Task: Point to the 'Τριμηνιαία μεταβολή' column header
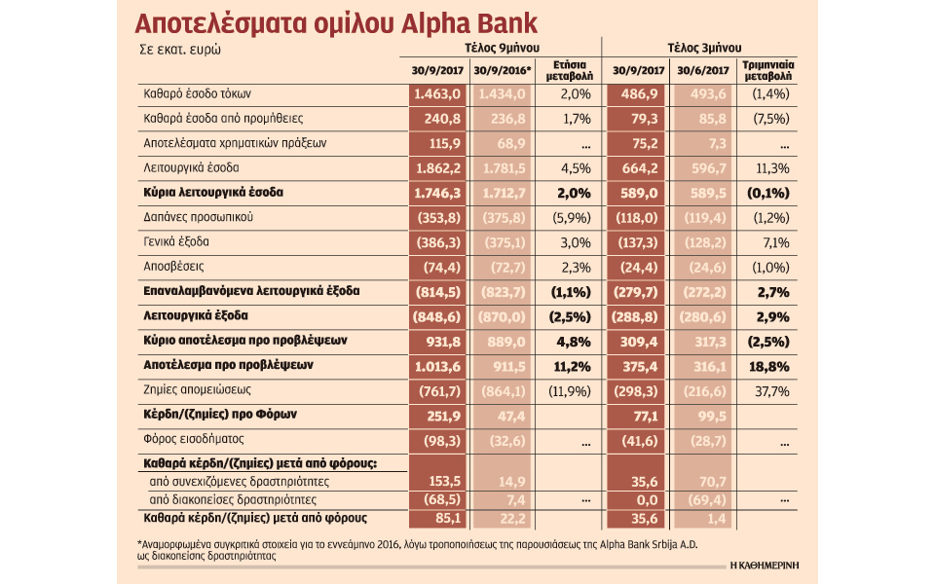tap(768, 71)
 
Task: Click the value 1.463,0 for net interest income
tap(437, 93)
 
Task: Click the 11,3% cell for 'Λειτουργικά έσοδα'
tap(768, 167)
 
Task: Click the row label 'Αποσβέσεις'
tap(168, 266)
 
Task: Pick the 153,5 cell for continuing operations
tap(442, 481)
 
